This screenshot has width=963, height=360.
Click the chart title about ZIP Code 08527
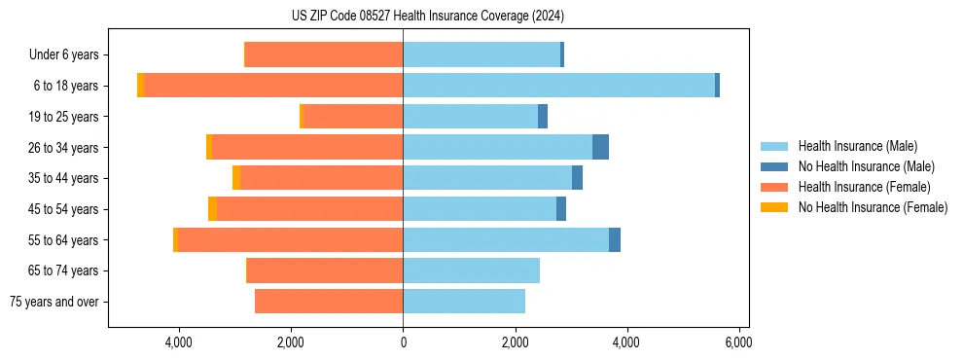pos(427,17)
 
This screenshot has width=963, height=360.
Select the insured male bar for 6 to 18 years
pos(558,86)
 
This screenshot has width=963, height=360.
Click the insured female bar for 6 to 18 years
pos(273,86)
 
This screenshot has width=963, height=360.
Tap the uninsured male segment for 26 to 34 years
pos(600,147)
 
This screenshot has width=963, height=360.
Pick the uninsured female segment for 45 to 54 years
pos(212,208)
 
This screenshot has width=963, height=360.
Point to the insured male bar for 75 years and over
pos(464,301)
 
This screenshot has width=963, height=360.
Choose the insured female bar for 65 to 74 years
pos(325,270)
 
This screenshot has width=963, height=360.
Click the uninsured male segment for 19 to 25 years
pos(543,117)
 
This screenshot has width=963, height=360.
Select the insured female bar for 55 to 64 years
pos(290,239)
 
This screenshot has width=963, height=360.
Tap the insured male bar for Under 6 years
pos(481,55)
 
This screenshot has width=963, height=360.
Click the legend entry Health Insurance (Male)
pos(857,146)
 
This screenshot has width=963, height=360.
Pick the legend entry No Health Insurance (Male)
pos(865,166)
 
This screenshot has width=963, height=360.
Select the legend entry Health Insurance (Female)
pos(864,187)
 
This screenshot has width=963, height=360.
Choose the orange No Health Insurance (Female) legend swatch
pos(774,207)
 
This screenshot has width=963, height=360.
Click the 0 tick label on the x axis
pos(403,342)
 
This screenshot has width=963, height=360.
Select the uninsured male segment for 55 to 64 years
pos(615,239)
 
